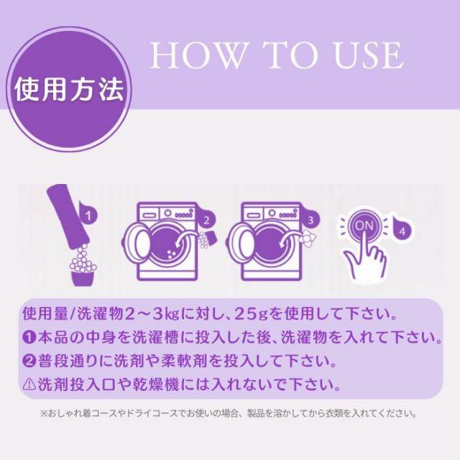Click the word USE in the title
point(368,55)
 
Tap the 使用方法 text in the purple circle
point(70,89)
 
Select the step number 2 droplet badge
point(206,219)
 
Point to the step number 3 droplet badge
point(310,219)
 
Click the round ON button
point(364,226)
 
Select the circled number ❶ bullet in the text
point(29,337)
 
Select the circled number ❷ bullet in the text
point(29,361)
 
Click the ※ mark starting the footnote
point(44,414)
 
